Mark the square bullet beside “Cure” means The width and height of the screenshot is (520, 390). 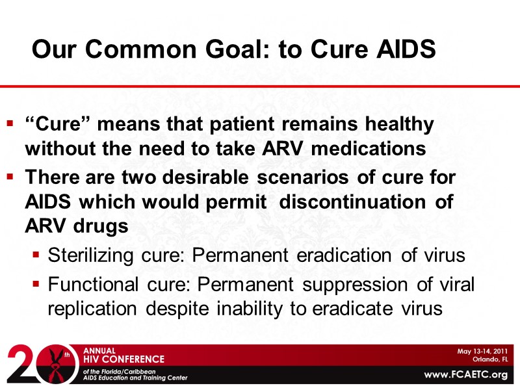tap(10, 123)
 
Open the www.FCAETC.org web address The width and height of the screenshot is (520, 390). tap(465, 374)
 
